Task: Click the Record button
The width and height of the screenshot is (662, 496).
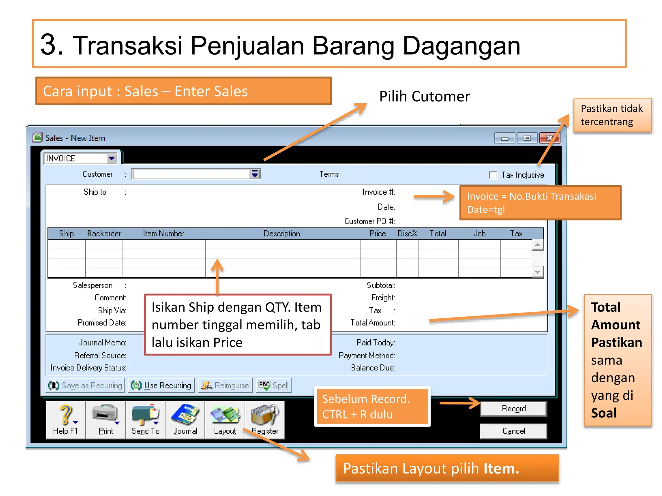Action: (x=513, y=409)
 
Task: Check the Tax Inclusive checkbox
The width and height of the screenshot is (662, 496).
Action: (x=493, y=175)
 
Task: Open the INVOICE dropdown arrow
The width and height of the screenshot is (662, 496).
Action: (x=112, y=159)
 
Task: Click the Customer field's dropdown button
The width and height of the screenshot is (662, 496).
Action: (x=255, y=174)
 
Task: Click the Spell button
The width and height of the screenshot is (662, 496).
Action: (x=274, y=385)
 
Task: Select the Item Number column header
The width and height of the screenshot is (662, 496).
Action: (x=164, y=233)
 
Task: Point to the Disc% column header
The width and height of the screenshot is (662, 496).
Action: (x=407, y=233)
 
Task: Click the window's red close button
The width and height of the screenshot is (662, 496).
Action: (x=549, y=138)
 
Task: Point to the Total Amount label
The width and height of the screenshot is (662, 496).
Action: (x=373, y=323)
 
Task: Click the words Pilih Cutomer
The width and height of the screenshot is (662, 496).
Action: (x=424, y=97)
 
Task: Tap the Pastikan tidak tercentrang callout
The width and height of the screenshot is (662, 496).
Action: (x=612, y=115)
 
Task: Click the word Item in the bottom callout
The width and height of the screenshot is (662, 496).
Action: (x=501, y=469)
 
